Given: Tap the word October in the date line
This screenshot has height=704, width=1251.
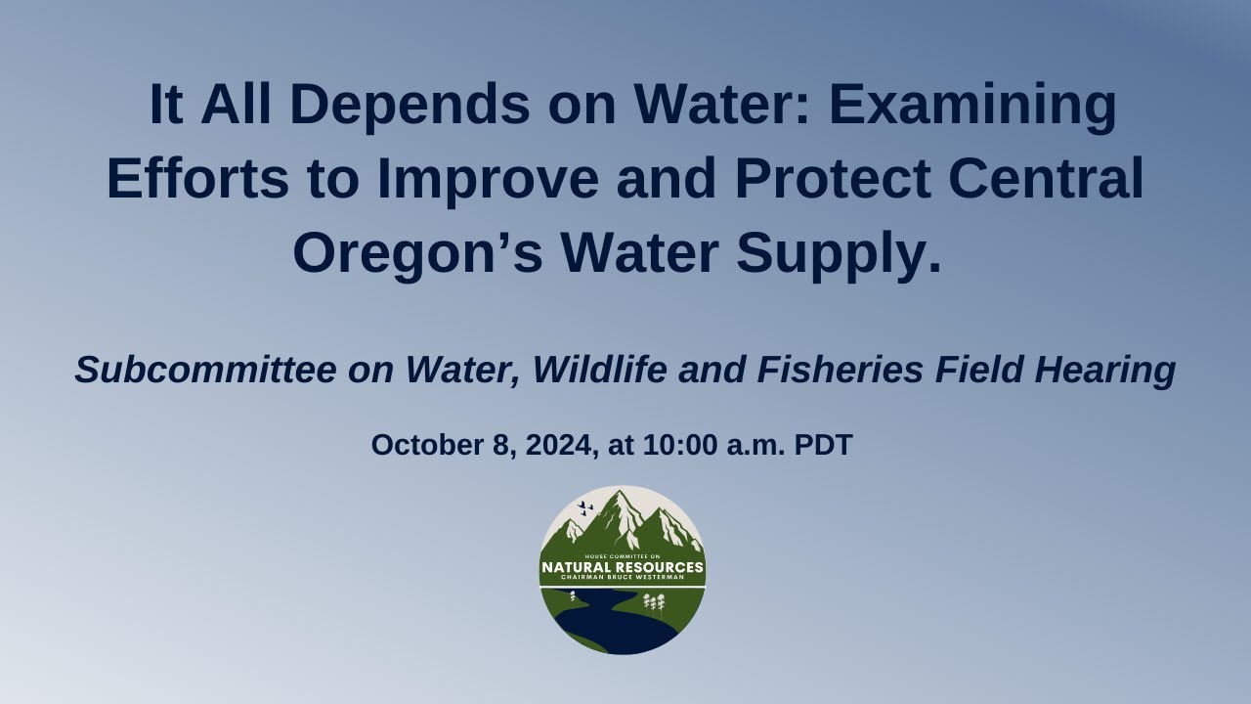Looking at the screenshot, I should click(422, 446).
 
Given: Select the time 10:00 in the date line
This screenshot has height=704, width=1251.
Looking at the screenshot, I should click(680, 446).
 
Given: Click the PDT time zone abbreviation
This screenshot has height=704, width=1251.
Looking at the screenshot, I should click(823, 446).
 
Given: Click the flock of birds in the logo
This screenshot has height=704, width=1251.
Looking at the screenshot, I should click(585, 507).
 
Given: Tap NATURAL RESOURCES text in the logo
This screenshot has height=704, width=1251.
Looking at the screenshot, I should click(623, 567).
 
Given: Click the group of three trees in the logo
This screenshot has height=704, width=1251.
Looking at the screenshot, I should click(654, 603).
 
